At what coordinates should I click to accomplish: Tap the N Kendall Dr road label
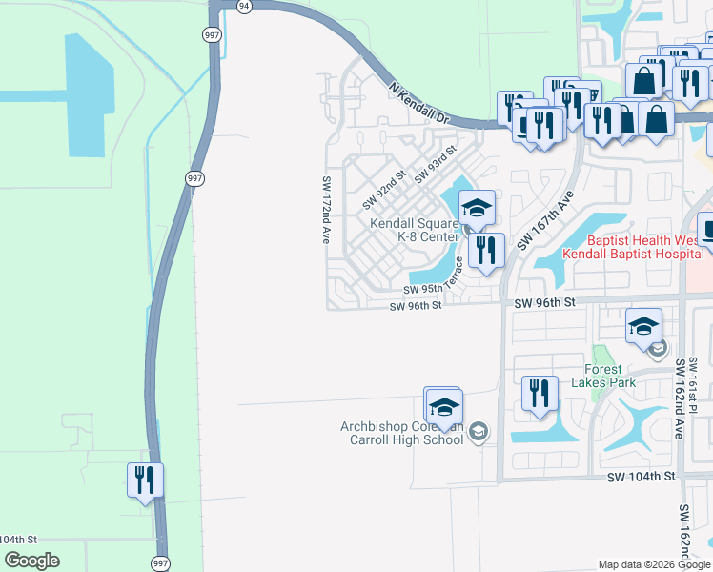point(419,103)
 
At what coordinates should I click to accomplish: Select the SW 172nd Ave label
point(326,211)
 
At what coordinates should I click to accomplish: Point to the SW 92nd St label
point(384,190)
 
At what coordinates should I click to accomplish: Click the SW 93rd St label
point(436,164)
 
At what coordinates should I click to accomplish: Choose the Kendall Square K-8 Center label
point(415,230)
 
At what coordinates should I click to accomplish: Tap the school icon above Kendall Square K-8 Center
point(477,208)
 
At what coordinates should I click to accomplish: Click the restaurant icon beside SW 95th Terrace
point(487,250)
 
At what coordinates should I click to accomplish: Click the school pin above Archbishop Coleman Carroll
point(443,407)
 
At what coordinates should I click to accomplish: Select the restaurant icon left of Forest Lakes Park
point(540,394)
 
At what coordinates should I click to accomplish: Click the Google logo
point(32,561)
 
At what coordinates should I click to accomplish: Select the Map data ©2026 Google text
point(655,564)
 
